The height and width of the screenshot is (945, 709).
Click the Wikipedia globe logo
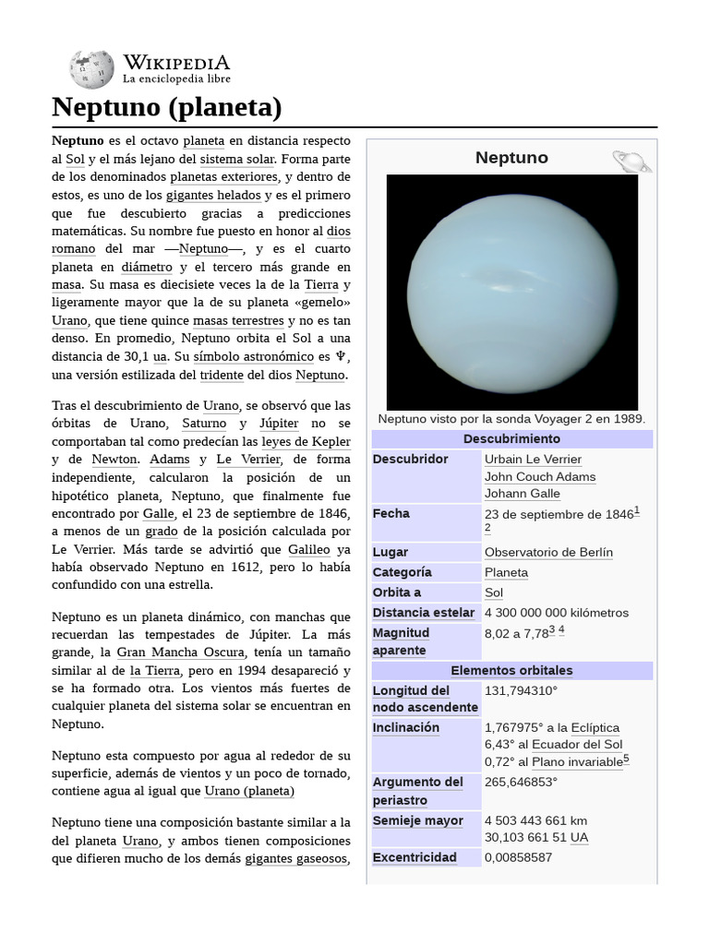coord(90,69)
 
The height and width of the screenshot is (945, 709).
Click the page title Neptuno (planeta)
coord(166,108)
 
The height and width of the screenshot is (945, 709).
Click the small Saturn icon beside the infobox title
coord(631,161)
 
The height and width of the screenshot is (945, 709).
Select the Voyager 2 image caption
coord(511,419)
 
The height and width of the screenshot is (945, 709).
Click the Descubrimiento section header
coord(511,439)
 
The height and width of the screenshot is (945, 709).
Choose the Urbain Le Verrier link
coord(533,460)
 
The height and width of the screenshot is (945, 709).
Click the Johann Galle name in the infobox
coord(522,494)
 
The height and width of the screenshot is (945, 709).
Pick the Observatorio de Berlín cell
coord(548,552)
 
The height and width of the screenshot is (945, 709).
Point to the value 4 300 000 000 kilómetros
coord(556,613)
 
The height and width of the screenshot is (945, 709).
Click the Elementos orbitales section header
coord(511,671)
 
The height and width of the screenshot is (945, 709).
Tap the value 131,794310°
coord(521,691)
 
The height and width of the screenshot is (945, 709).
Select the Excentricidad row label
coord(415,858)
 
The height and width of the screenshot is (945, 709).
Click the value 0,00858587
coord(518,858)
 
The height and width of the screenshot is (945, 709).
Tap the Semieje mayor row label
coord(417,821)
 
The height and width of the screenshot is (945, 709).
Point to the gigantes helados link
coord(214,196)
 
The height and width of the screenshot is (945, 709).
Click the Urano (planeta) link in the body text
coord(249,792)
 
